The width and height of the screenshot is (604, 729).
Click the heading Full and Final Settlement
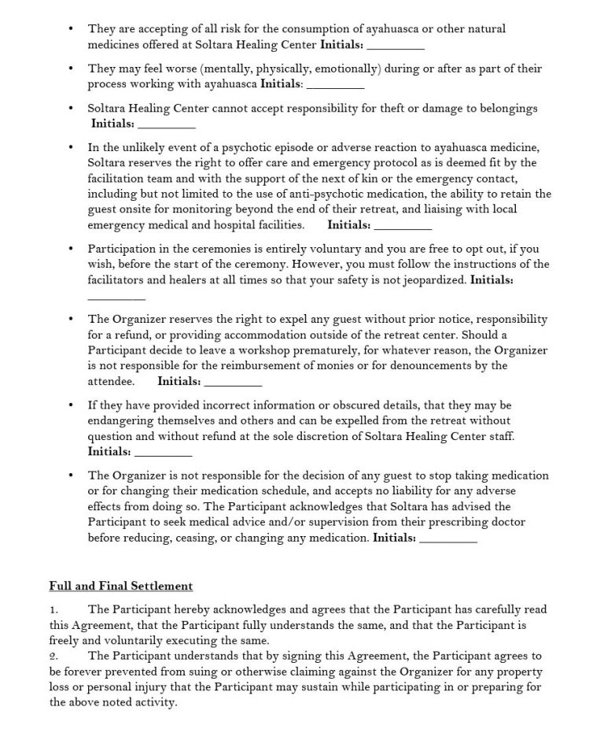pos(120,586)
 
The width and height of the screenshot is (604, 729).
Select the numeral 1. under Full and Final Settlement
pos(53,609)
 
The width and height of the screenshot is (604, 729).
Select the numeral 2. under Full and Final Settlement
pos(53,656)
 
